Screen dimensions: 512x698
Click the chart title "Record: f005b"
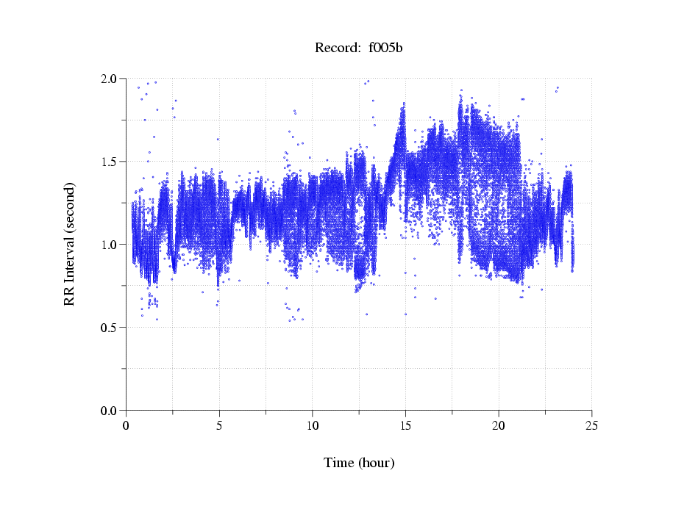[x=359, y=48]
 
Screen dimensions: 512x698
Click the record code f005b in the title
[x=385, y=48]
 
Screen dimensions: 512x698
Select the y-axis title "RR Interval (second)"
[x=70, y=244]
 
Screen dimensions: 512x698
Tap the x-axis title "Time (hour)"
[x=359, y=463]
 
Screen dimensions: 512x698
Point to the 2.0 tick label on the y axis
[x=109, y=79]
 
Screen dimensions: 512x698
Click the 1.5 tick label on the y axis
[x=109, y=162]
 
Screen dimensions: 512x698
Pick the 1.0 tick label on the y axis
[x=109, y=245]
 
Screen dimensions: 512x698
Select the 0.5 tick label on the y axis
[x=109, y=328]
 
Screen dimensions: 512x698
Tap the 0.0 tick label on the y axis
[x=109, y=411]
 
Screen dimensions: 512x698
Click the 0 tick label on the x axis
[x=127, y=425]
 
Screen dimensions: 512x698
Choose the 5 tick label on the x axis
[x=219, y=425]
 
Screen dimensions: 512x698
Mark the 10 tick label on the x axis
[x=313, y=425]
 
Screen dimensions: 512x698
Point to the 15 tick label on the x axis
[x=405, y=425]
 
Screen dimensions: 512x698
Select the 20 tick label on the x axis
[x=499, y=425]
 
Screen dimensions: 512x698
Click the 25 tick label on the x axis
[x=591, y=425]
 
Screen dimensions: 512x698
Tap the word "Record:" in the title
[x=337, y=48]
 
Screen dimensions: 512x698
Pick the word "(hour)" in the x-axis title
[x=376, y=463]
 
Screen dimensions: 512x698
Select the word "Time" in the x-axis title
[x=338, y=463]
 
